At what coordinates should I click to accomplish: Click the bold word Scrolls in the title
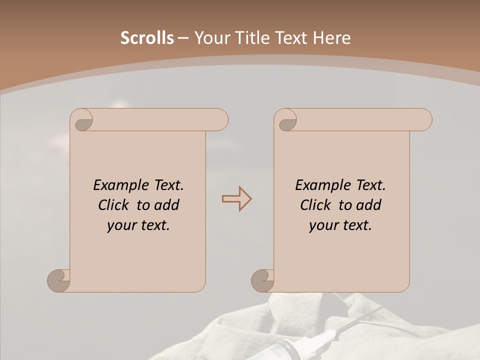click(x=147, y=38)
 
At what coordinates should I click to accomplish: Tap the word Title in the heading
click(x=248, y=38)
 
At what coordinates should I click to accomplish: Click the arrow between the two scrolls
click(x=236, y=198)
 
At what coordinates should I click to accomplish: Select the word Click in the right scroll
click(x=315, y=205)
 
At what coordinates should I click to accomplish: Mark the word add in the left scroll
click(x=167, y=205)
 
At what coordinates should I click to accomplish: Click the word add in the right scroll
click(x=369, y=205)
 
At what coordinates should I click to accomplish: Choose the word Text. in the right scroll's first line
click(x=370, y=185)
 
